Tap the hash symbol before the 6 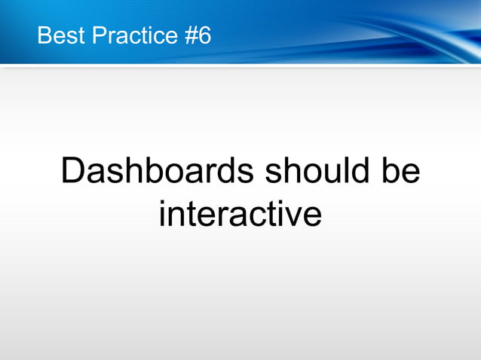tap(191, 35)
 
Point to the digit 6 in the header tap(205, 35)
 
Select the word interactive tap(240, 213)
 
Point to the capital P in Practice tap(100, 35)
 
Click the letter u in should tap(325, 172)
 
